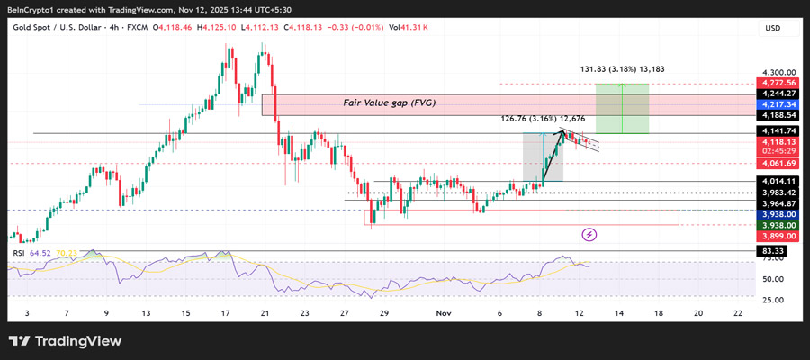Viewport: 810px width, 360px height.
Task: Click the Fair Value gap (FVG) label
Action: point(389,103)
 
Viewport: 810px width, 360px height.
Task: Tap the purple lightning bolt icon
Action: point(589,235)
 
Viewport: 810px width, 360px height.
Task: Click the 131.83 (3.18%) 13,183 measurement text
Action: point(622,68)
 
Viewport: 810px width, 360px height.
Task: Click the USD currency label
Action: point(772,29)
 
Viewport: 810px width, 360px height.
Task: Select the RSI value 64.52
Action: point(40,254)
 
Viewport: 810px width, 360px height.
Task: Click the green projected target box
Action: point(622,108)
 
